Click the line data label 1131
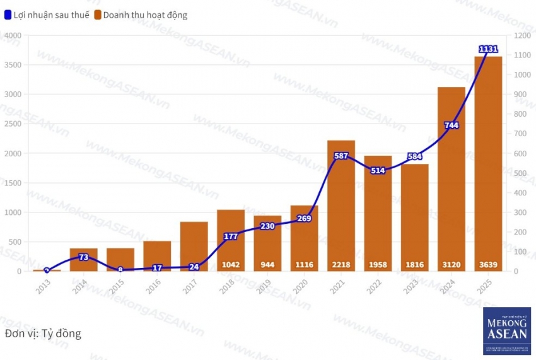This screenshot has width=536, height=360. pos(489,49)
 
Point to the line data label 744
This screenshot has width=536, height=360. pos(452,125)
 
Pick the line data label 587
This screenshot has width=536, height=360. pos(341,156)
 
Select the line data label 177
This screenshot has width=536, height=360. pos(231,236)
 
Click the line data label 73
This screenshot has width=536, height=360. pos(84,257)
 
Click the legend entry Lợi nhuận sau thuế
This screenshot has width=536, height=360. pos(46,15)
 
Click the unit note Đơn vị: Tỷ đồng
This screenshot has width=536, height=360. pos(43,333)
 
